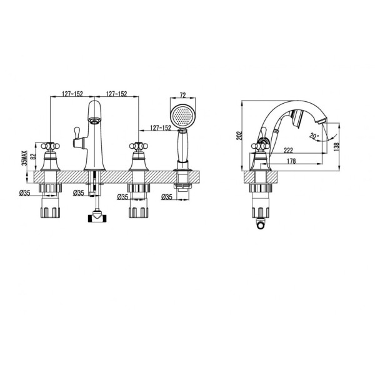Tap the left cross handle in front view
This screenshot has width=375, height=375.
(51, 147)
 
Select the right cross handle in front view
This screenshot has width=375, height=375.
(137, 147)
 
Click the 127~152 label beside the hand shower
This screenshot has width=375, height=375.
(160, 128)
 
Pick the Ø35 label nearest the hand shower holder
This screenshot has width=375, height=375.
(167, 197)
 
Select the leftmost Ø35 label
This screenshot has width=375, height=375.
(25, 192)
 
